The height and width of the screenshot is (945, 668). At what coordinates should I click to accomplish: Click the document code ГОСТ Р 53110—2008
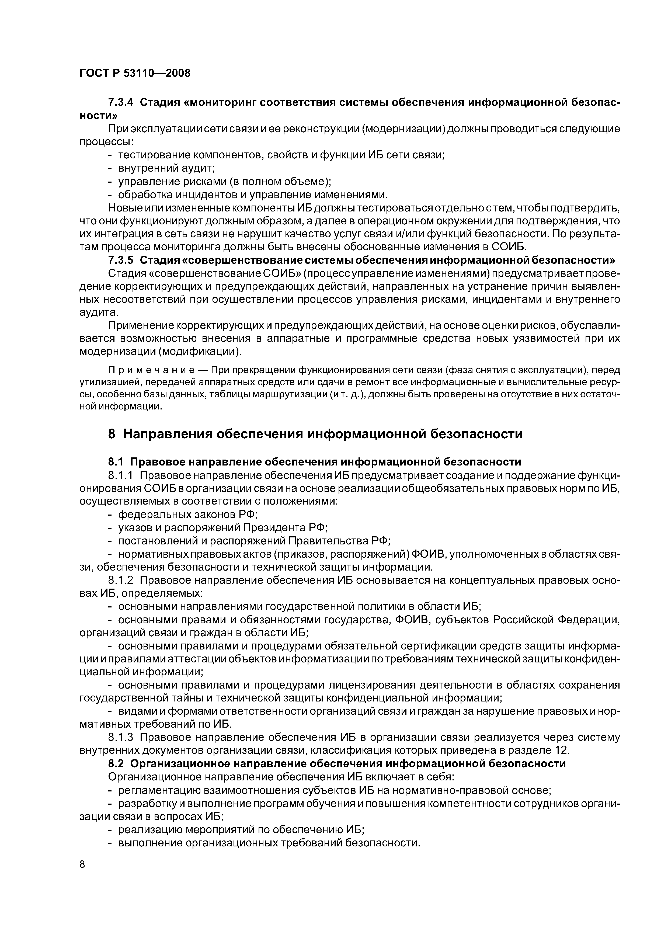[135, 73]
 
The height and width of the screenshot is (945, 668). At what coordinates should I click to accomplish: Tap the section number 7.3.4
[121, 102]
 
